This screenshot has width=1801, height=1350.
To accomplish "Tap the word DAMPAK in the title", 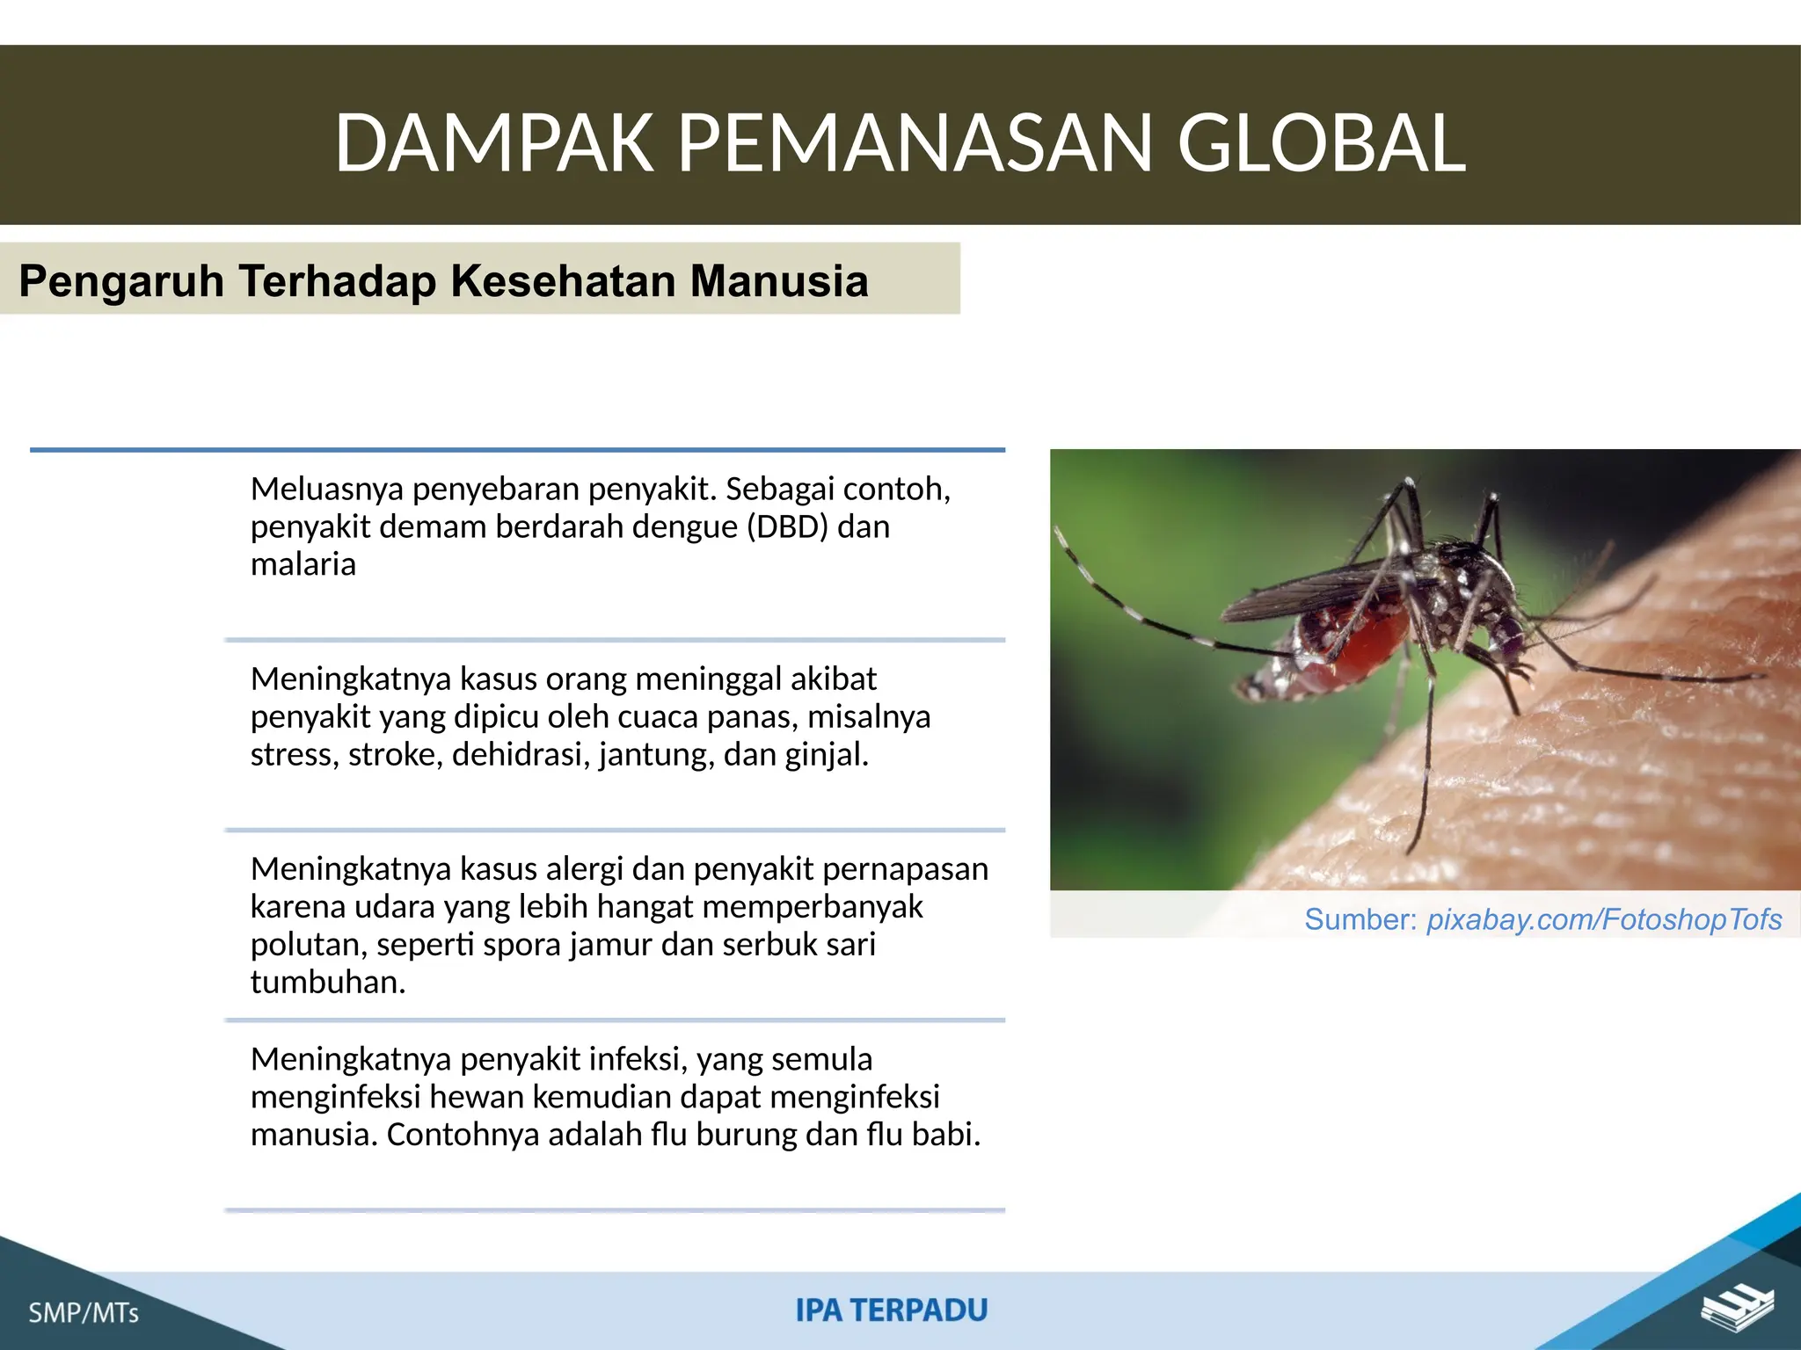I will click(x=493, y=143).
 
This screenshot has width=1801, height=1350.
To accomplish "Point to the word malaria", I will click(x=303, y=564).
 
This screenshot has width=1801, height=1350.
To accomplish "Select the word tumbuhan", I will click(x=327, y=982).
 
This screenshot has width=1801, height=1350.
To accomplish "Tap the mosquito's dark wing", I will click(x=1302, y=589).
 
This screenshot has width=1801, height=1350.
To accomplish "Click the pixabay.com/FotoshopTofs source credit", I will click(x=1603, y=919).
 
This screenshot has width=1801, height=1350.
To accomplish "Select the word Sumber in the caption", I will click(x=1360, y=919).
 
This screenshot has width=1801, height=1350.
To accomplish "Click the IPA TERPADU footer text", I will click(x=891, y=1310).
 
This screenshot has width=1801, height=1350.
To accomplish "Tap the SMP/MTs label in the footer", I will click(x=84, y=1313).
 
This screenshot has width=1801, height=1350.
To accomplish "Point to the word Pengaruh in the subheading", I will click(x=121, y=281).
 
